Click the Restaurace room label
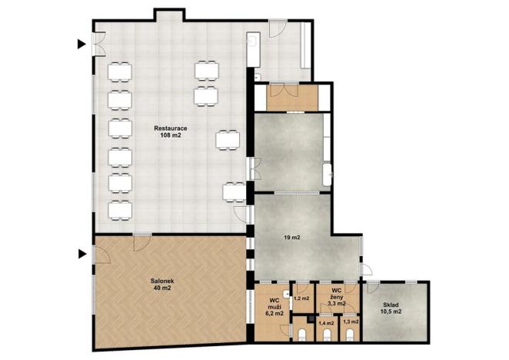(x=171, y=127)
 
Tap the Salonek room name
(x=162, y=282)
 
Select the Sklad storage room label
(x=392, y=305)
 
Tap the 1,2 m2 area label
(x=301, y=298)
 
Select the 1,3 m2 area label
(x=350, y=322)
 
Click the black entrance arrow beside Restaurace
(x=82, y=45)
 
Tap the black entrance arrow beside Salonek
(x=82, y=252)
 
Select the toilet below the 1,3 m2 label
(x=350, y=335)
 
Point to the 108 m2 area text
(x=171, y=136)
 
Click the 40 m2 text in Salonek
(x=162, y=290)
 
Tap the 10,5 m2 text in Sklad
(x=392, y=314)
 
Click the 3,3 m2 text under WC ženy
(x=335, y=304)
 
